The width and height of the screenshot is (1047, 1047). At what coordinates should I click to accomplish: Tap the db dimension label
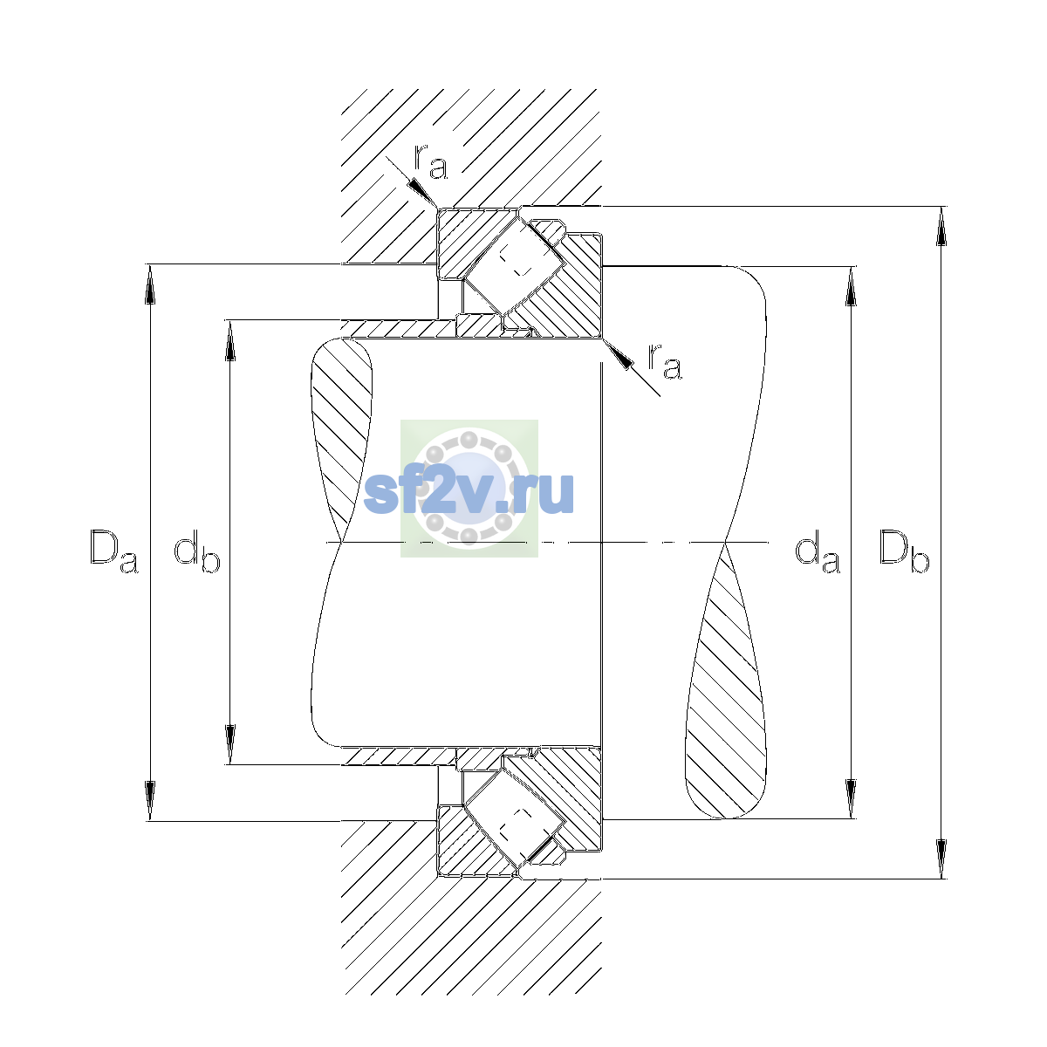point(196,553)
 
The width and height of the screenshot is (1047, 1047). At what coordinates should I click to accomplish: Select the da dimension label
point(818,553)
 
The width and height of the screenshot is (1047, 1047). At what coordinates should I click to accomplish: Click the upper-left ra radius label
point(431,162)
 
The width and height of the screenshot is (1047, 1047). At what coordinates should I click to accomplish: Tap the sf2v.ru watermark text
point(469,492)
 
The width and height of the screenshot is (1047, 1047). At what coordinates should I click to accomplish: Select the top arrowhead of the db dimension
point(230,340)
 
